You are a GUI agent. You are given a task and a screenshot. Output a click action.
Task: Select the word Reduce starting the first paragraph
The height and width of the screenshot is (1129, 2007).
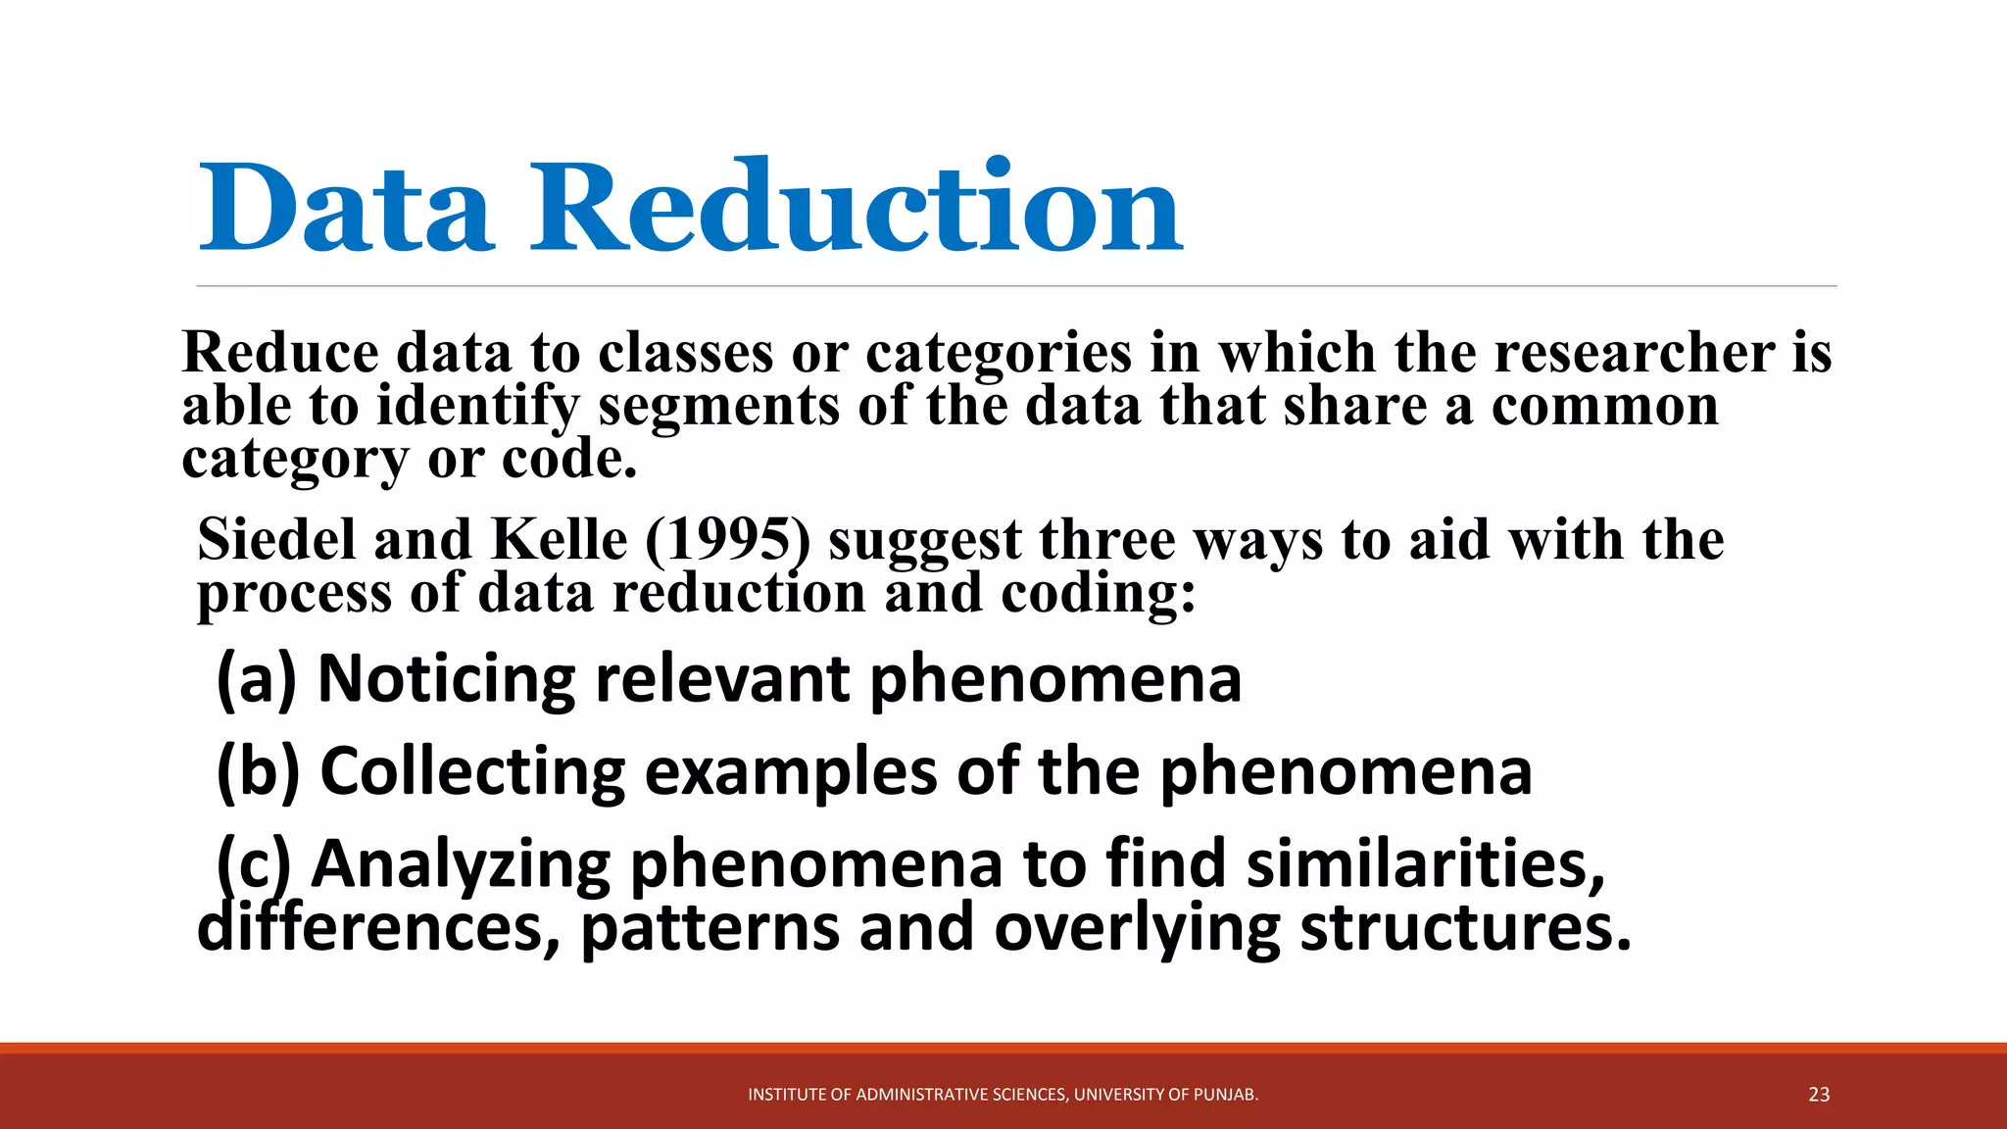(280, 353)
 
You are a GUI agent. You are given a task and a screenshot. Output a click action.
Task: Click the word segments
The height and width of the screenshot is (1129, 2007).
(719, 406)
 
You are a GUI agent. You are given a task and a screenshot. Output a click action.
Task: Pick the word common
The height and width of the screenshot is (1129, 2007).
(1605, 406)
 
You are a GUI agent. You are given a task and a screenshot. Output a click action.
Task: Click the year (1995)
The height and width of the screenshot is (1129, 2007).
(727, 540)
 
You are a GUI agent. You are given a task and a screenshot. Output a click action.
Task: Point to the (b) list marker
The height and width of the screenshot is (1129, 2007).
(258, 771)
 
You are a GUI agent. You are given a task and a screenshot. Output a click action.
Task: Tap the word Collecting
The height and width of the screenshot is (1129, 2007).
(472, 771)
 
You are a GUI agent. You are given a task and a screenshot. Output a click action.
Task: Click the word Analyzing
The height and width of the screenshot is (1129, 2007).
(461, 864)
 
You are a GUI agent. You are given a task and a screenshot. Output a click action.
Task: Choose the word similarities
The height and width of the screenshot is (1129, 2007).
(1426, 864)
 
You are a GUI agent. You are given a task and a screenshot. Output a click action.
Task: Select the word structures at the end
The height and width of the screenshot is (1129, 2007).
(1465, 927)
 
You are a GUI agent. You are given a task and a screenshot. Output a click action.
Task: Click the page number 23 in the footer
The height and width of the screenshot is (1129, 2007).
(1819, 1095)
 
